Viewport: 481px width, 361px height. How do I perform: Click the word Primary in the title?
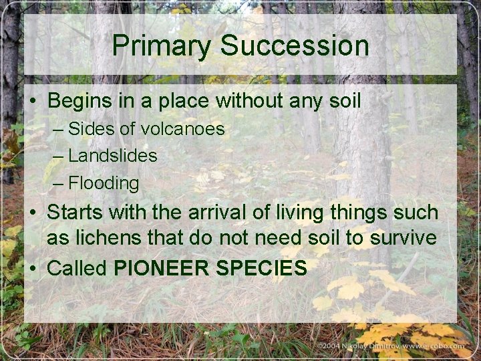coord(162,46)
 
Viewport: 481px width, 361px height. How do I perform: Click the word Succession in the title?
coord(294,46)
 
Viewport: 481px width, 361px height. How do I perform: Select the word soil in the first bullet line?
coord(343,101)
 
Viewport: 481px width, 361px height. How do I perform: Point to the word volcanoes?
coord(182,128)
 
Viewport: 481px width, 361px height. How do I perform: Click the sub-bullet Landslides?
coord(112,156)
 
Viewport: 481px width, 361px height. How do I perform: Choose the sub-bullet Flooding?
coord(104,183)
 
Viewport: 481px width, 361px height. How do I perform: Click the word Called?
coord(77,268)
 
